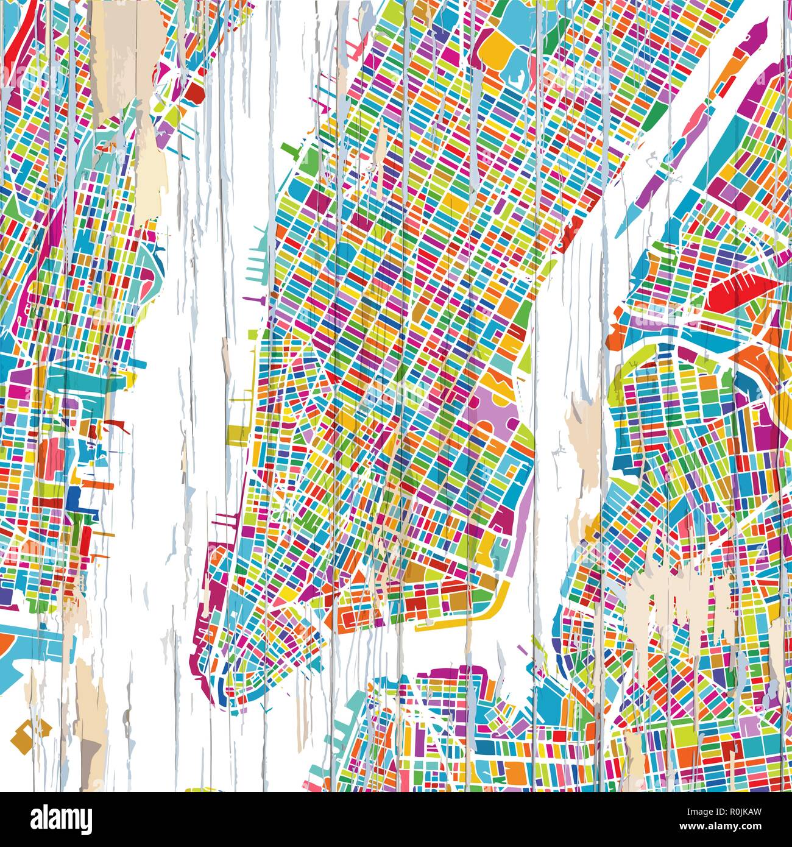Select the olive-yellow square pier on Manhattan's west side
[x=235, y=434]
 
